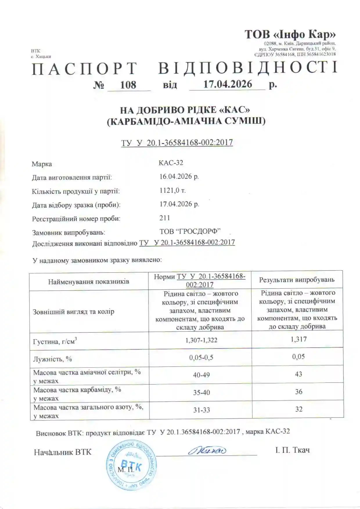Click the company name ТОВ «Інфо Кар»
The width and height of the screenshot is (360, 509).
pyautogui.click(x=290, y=35)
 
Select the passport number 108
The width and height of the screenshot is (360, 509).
pyautogui.click(x=128, y=85)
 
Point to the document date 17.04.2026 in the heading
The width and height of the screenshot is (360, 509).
pyautogui.click(x=227, y=84)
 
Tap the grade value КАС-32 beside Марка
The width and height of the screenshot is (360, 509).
pyautogui.click(x=171, y=163)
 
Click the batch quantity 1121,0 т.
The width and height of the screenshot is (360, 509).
pyautogui.click(x=172, y=190)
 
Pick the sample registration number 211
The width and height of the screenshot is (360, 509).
pyautogui.click(x=165, y=218)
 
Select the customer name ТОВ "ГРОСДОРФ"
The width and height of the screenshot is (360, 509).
pyautogui.click(x=190, y=232)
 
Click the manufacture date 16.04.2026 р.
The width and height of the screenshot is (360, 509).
pyautogui.click(x=179, y=177)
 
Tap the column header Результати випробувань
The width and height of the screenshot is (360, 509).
pyautogui.click(x=297, y=280)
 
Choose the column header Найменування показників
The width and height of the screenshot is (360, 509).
pyautogui.click(x=89, y=281)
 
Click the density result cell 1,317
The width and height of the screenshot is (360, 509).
pyautogui.click(x=298, y=339)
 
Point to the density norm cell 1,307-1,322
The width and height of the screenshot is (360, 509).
pyautogui.click(x=201, y=340)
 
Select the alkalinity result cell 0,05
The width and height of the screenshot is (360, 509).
pyautogui.click(x=298, y=357)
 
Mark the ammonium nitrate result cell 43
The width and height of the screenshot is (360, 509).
pyautogui.click(x=298, y=374)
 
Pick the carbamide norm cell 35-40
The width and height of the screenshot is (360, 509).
pyautogui.click(x=201, y=393)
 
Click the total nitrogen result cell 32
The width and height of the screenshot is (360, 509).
pyautogui.click(x=299, y=409)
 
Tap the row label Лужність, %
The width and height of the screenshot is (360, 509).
pyautogui.click(x=53, y=359)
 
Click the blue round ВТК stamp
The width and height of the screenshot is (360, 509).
pyautogui.click(x=132, y=465)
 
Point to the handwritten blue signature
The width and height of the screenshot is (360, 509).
pyautogui.click(x=207, y=451)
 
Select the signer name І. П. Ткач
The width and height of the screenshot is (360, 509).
pyautogui.click(x=292, y=450)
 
